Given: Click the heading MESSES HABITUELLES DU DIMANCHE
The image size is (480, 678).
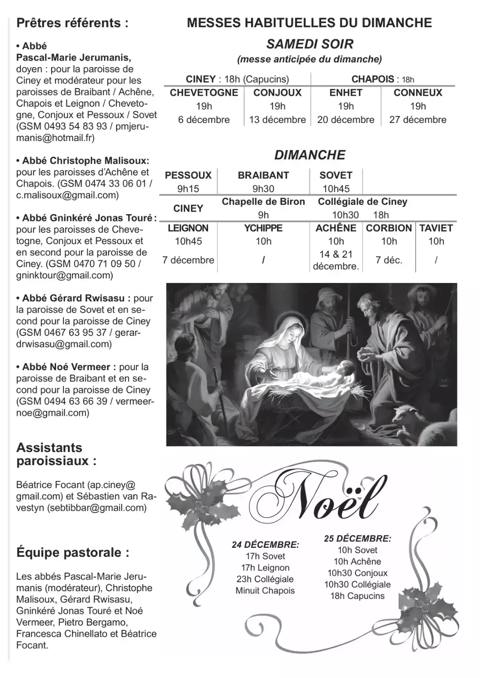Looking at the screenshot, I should pos(309,23).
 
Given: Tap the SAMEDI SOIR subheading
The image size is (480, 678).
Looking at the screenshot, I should pos(310,44).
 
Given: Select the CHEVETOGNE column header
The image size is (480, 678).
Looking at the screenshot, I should pos(204,93).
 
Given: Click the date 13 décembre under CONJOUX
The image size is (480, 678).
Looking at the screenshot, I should pos(277,120).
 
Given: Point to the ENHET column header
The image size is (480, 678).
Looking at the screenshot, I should pos(346,93).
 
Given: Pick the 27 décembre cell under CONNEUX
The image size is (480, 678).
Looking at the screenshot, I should pos(418,120).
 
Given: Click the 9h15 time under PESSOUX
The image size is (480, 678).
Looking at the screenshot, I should pos(188,189).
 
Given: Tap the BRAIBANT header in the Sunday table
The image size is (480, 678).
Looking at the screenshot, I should pos(263,175).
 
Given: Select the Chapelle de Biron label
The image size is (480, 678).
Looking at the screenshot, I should pos(263,202).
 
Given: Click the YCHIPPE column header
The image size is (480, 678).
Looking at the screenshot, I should pos(263,228).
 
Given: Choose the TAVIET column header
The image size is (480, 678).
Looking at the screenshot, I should pos(436,228).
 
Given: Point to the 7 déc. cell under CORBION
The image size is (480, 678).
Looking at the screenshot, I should pos(389,260).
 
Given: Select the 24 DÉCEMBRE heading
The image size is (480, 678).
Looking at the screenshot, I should pos(265,545).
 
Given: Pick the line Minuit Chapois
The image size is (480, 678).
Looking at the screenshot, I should pos(265,591).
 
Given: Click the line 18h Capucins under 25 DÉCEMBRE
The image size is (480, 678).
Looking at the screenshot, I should pos(357,596).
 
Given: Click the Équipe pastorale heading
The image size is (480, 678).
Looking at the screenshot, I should pos(73,552).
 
